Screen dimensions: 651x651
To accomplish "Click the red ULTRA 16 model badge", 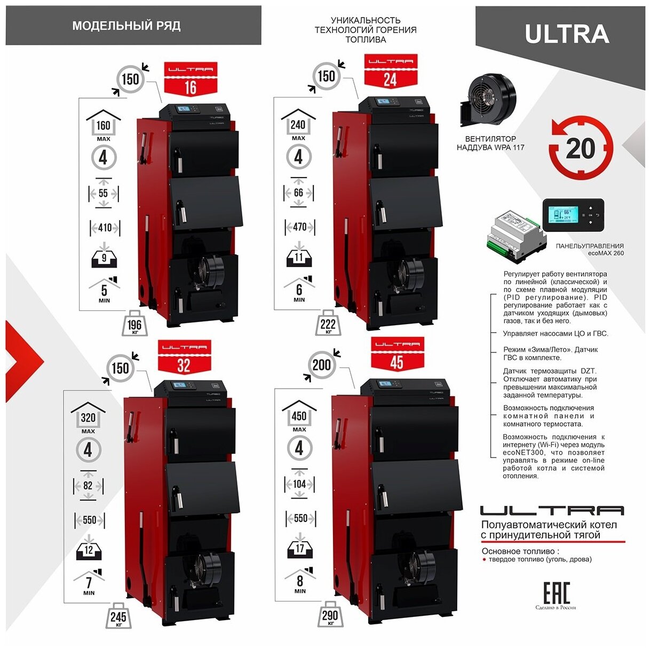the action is click(190, 79).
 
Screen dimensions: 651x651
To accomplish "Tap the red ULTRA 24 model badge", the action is click(390, 71).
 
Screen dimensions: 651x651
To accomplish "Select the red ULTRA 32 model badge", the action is click(183, 358).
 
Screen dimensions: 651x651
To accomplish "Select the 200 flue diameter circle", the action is click(322, 365).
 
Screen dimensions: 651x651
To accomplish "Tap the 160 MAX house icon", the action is click(104, 125).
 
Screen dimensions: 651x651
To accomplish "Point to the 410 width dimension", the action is click(105, 228).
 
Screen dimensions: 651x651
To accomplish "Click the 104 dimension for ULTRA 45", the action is click(299, 484).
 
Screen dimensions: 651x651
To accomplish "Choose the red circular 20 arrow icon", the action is click(581, 148).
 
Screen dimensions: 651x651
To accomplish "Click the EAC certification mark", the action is click(557, 593).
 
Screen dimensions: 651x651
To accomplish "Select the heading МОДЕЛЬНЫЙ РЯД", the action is click(126, 26).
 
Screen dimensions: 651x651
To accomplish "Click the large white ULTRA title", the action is click(567, 34).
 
